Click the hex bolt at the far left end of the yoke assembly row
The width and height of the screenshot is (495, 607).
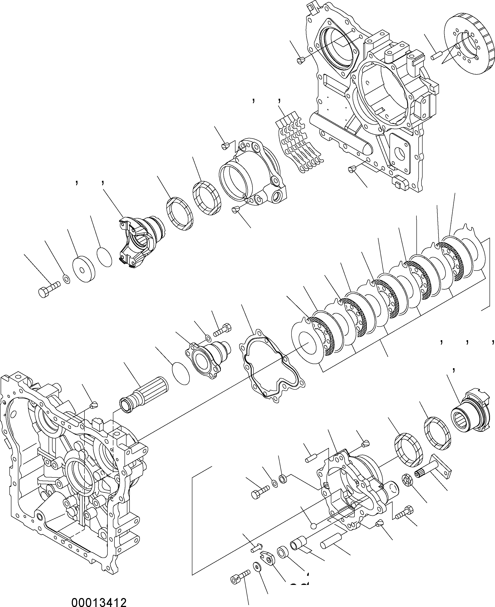point(49,289)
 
